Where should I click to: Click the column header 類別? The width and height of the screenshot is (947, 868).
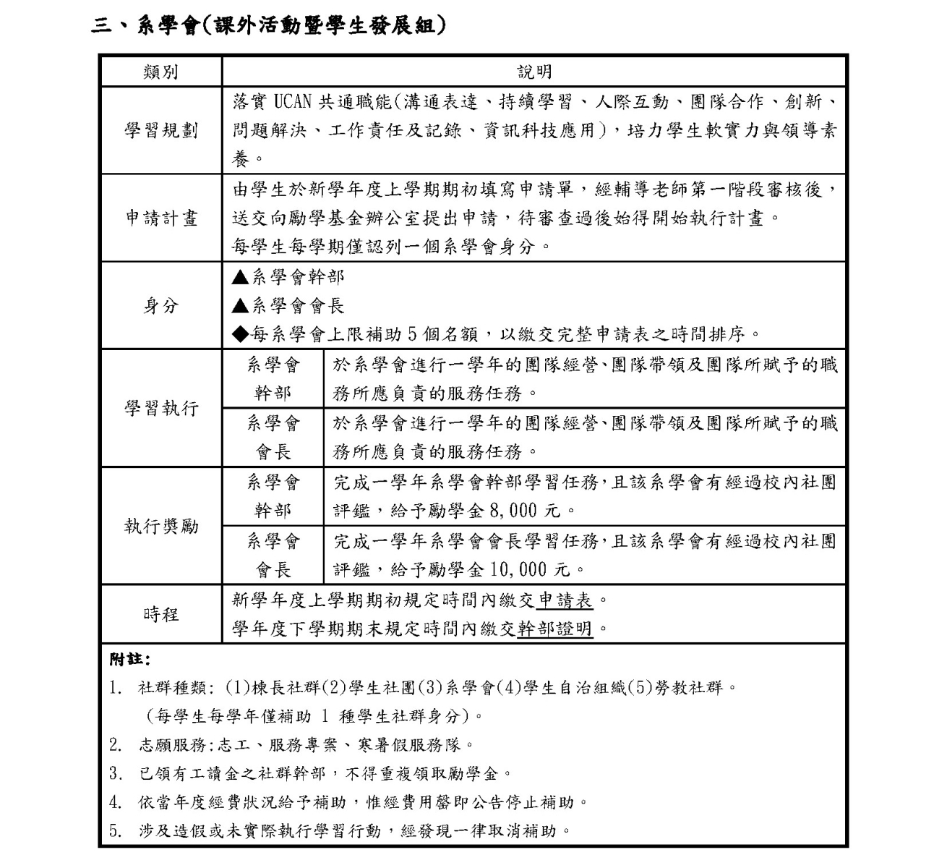pos(160,72)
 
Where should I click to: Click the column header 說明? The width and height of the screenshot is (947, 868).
pos(534,72)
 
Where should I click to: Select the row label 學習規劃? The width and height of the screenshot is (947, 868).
pos(160,131)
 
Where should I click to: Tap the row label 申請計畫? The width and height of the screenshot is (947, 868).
pos(160,218)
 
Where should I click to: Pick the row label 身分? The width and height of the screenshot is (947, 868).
pos(160,306)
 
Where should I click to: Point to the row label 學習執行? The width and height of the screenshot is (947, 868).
pos(160,409)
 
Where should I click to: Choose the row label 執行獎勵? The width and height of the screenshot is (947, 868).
pos(160,526)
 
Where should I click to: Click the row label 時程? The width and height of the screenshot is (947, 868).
pos(160,615)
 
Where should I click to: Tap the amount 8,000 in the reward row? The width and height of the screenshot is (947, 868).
pos(513,511)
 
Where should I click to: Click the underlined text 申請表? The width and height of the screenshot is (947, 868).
pos(565,600)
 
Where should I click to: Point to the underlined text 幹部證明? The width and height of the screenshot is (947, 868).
pos(554,629)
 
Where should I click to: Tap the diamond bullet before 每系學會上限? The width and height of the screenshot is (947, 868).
pos(241,334)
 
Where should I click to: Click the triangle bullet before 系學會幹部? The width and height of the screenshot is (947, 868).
pos(241,276)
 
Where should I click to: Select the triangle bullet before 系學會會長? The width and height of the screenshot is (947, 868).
pos(241,306)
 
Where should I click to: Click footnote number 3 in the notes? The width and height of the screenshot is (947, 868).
pos(115,773)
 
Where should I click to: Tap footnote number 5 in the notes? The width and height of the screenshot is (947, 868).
pos(115,831)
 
